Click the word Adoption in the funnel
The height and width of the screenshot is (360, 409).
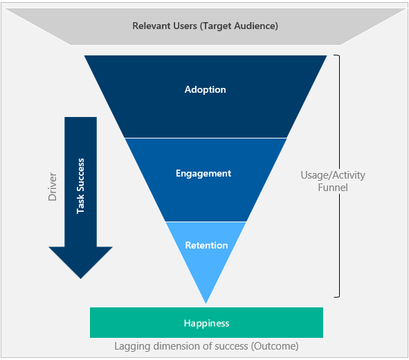206,90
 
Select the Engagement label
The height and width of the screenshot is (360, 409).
203,174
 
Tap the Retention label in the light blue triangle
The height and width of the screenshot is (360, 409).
207,245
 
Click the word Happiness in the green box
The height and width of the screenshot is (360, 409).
207,323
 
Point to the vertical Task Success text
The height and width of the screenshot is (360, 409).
80,186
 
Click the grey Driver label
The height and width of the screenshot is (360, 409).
53,186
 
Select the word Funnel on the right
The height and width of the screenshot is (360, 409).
333,188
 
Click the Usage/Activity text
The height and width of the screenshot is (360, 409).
333,175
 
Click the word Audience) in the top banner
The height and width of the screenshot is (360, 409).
256,26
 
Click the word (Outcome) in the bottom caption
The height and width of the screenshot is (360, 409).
275,346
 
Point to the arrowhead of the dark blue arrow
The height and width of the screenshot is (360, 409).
80,278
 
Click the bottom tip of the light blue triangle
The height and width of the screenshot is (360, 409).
206,303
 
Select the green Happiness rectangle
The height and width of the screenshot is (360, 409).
207,323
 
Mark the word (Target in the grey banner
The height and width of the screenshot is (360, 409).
216,26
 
